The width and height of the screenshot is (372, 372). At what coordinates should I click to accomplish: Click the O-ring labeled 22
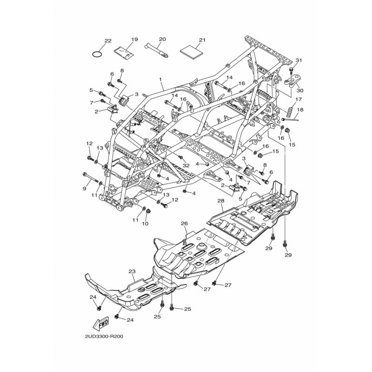(x=98, y=51)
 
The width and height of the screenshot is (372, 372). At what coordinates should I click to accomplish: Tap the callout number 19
(x=134, y=40)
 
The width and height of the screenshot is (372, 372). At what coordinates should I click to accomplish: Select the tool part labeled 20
(x=157, y=50)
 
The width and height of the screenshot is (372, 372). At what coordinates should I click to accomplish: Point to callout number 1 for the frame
(x=160, y=79)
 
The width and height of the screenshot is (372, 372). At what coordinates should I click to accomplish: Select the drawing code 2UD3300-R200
(x=104, y=337)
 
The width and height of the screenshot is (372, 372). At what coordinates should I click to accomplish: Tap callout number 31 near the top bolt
(x=299, y=60)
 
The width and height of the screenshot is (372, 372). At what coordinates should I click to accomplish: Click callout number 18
(x=300, y=110)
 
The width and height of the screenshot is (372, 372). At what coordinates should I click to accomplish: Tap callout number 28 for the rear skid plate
(x=221, y=201)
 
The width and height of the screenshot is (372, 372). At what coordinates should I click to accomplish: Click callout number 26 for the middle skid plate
(x=184, y=223)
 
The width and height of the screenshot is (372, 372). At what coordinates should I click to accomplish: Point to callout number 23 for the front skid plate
(x=132, y=271)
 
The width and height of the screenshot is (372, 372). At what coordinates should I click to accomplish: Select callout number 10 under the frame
(x=145, y=224)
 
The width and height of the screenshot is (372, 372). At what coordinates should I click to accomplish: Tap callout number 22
(x=108, y=41)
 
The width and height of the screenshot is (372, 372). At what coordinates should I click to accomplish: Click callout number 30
(x=300, y=91)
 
